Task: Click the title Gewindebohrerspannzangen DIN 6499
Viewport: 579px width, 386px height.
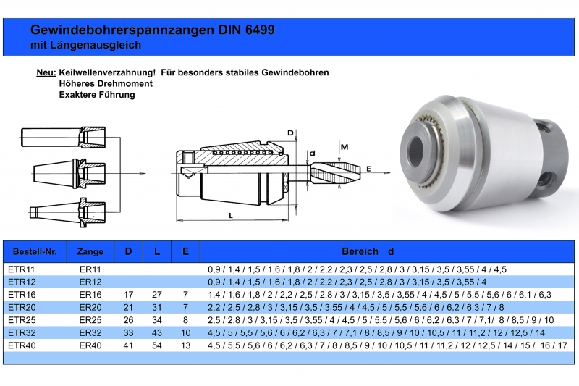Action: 153,30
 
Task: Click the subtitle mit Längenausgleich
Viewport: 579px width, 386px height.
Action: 85,45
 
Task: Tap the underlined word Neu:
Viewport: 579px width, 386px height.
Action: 46,72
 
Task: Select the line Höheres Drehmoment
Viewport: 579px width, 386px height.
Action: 106,83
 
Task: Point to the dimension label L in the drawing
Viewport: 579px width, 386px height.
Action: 231,215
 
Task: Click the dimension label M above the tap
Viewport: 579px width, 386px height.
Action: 345,147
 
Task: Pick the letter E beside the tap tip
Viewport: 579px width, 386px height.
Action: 368,169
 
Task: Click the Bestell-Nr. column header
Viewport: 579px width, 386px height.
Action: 35,251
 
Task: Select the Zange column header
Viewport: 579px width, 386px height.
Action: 90,251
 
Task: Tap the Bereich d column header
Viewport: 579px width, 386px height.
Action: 368,251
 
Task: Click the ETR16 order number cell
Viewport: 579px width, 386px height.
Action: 22,295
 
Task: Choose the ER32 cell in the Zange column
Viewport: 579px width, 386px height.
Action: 90,332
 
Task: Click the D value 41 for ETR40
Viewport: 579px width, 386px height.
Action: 128,345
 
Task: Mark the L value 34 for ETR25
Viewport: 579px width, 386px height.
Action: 157,320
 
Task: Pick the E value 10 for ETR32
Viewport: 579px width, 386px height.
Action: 185,332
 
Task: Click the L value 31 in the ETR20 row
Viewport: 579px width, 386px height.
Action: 157,307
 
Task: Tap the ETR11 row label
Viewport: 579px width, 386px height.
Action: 21,269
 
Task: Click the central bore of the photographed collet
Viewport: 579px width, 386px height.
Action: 416,151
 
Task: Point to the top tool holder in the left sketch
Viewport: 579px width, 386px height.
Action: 63,138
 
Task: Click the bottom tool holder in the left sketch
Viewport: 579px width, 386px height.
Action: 67,212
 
